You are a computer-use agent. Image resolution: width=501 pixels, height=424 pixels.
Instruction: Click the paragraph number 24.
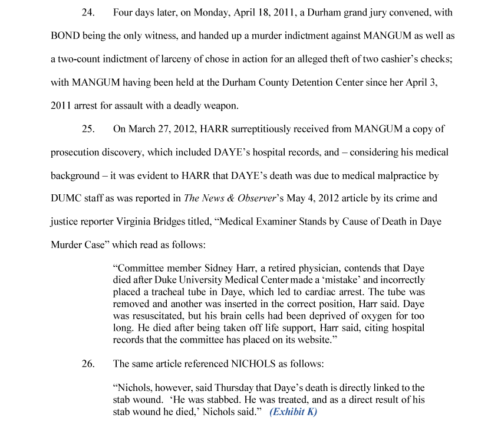(88, 12)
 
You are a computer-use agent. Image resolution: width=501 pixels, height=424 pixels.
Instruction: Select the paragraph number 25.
(88, 129)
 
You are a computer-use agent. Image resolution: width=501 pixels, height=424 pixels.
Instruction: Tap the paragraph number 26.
(88, 364)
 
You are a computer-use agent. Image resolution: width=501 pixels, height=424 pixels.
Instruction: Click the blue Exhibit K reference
(293, 412)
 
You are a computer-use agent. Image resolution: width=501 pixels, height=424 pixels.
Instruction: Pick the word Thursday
(238, 387)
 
